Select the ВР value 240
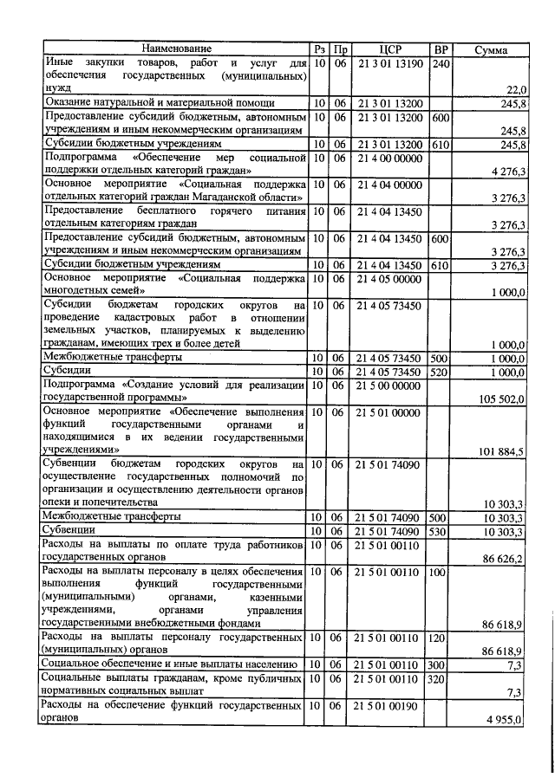click(441, 63)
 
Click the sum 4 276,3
click(507, 172)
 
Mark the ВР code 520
click(439, 371)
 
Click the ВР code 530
click(439, 530)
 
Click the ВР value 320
click(439, 677)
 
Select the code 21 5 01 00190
click(389, 705)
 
